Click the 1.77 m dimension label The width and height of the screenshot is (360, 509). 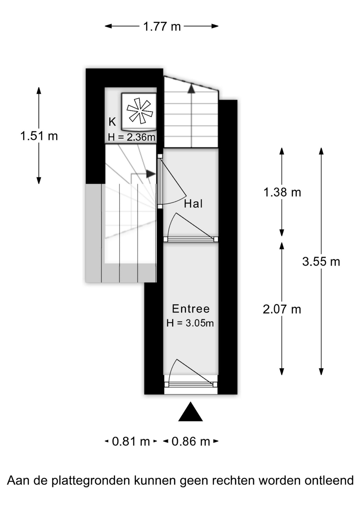(x=162, y=27)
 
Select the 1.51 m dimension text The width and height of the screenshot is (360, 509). (x=39, y=136)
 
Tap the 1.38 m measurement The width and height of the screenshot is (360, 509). (x=282, y=192)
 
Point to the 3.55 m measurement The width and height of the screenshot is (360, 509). (x=321, y=262)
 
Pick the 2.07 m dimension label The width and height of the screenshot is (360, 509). (x=282, y=309)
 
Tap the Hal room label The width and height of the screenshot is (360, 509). (x=194, y=204)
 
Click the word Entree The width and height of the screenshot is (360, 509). (x=191, y=309)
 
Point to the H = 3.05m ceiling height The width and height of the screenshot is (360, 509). (x=190, y=323)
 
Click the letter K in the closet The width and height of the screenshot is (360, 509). (x=112, y=122)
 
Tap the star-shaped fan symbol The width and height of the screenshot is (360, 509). (x=140, y=111)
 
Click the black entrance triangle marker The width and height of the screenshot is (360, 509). (x=190, y=412)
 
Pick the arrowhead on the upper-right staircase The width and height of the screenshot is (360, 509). (x=191, y=89)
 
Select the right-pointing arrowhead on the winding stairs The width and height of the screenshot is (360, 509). (x=151, y=174)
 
